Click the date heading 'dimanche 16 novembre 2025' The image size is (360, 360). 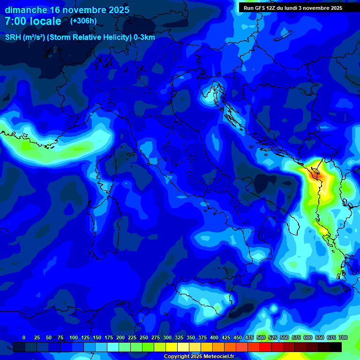[67, 10]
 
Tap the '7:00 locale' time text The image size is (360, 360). [33, 21]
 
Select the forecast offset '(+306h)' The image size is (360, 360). [83, 21]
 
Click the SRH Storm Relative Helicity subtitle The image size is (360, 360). [80, 37]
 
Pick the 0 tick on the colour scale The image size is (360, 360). [24, 337]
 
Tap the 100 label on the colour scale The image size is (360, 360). [74, 337]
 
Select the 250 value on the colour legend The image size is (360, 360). [144, 337]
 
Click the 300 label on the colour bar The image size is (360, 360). [167, 337]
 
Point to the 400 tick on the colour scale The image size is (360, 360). [214, 337]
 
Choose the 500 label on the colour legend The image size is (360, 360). [261, 337]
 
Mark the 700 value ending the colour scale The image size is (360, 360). [343, 337]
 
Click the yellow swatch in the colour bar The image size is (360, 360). [172, 347]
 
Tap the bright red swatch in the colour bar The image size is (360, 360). [265, 347]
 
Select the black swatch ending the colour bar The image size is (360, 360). [336, 347]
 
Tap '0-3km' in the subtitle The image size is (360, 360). [144, 37]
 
